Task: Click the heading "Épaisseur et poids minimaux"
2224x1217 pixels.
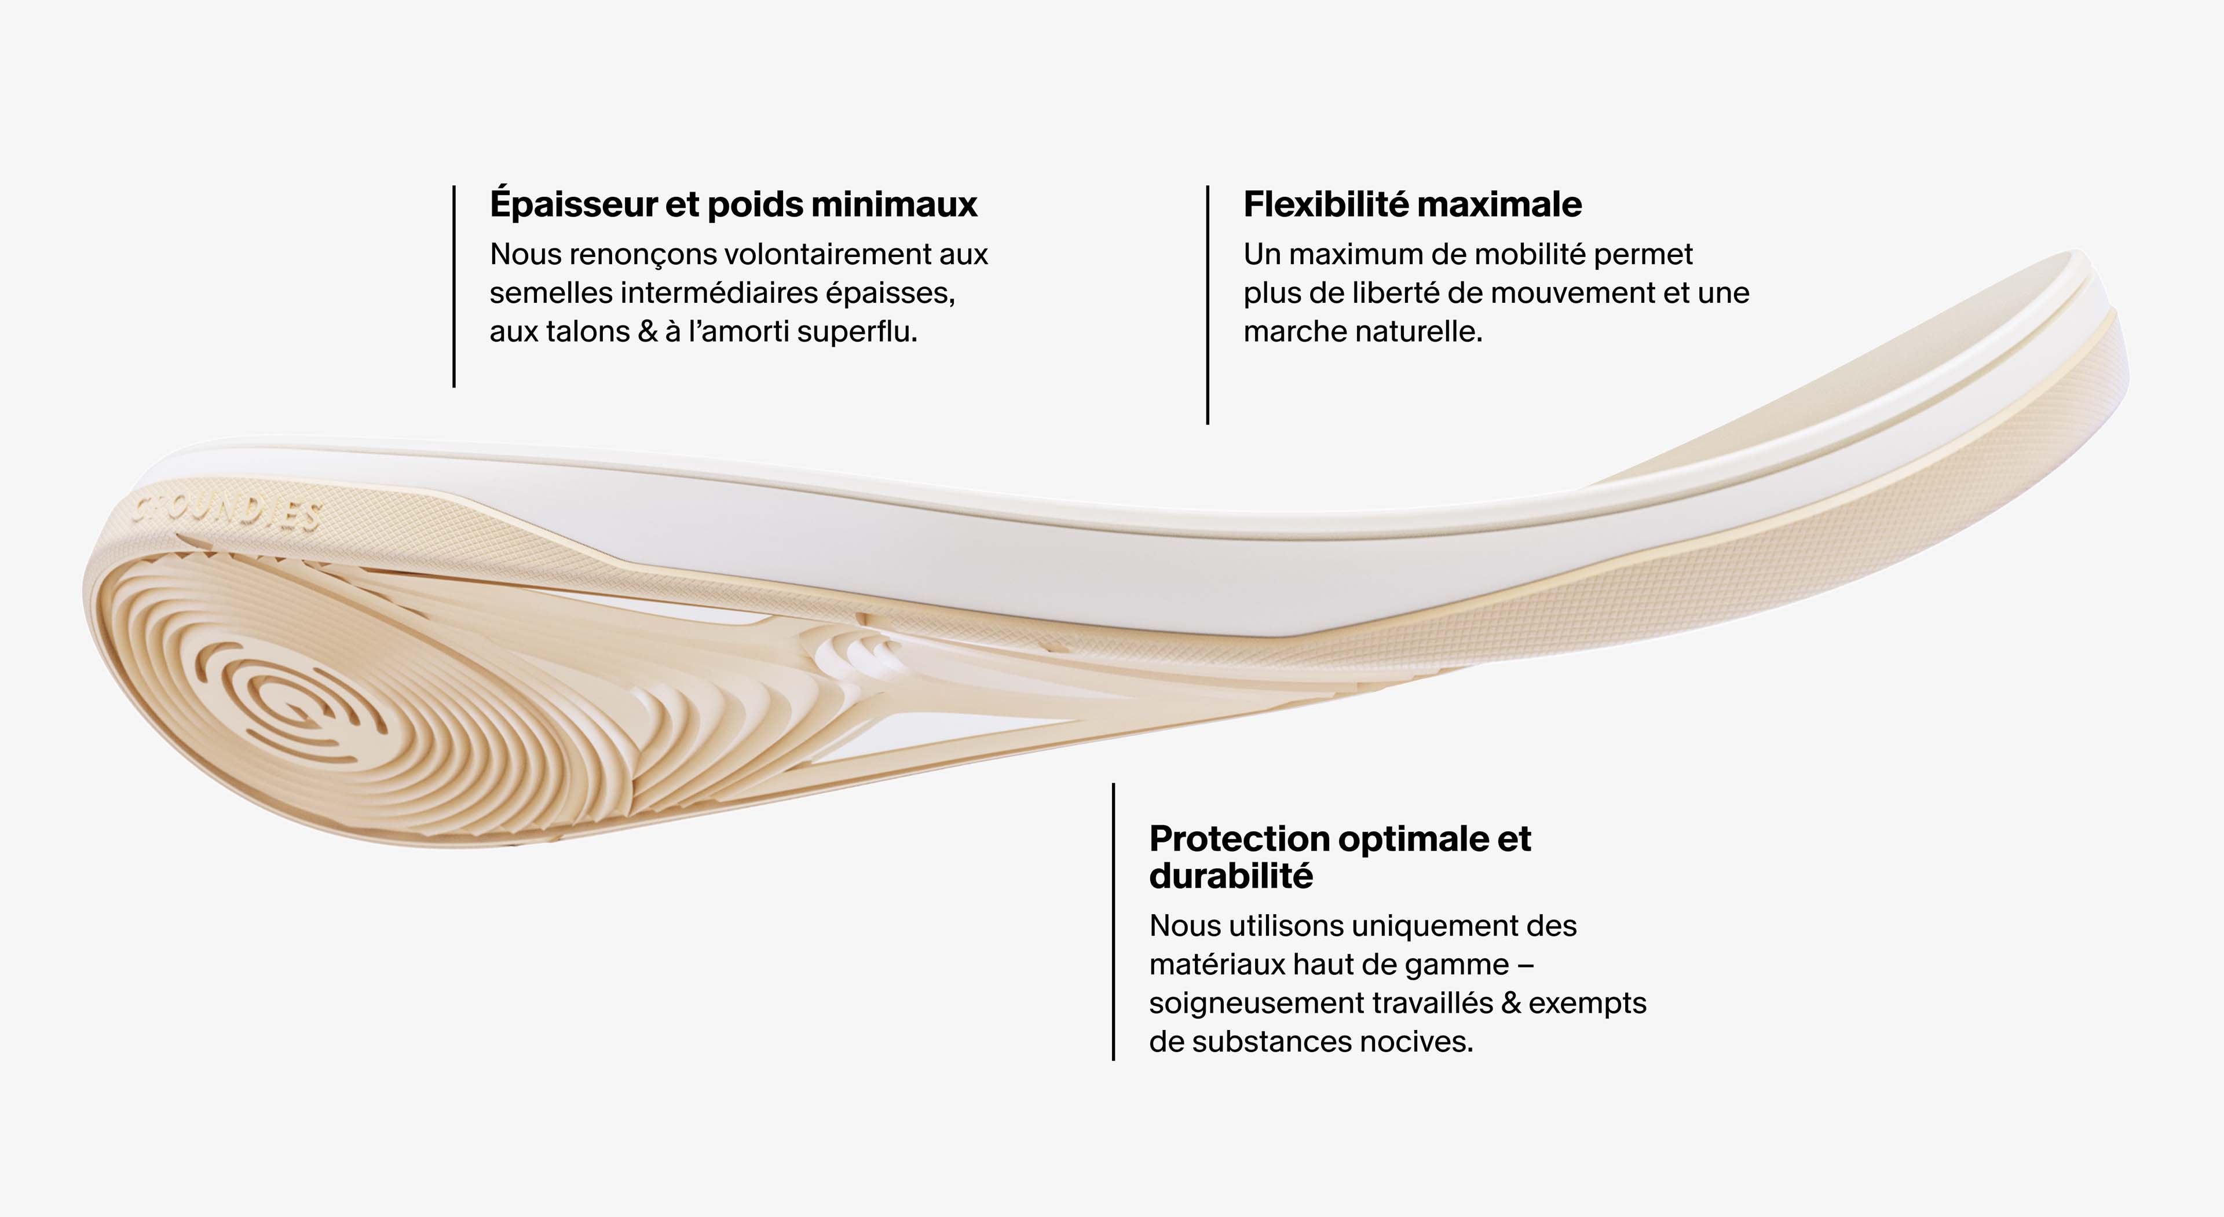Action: coord(733,204)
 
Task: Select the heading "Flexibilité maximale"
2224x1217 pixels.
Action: coord(1413,204)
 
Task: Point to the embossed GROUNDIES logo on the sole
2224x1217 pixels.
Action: coord(226,513)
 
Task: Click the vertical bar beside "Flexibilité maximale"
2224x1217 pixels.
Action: coord(1207,305)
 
